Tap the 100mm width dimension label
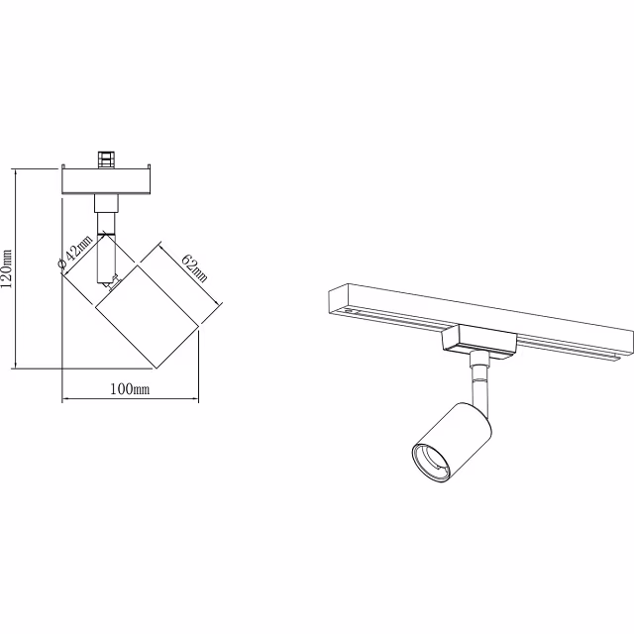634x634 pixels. point(129,389)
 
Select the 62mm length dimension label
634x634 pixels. point(193,265)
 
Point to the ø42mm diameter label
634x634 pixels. point(75,252)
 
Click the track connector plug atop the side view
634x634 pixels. point(106,159)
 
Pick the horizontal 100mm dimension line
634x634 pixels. point(129,401)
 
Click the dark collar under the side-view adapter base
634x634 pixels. point(106,203)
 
